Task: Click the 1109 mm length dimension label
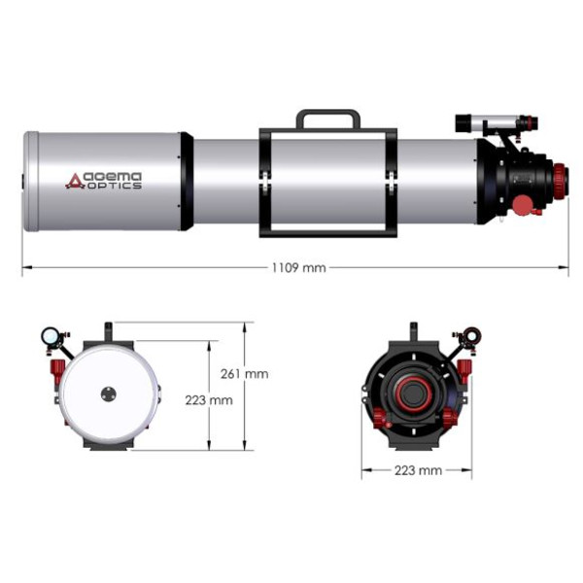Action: [x=300, y=267]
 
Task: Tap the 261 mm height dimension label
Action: [x=244, y=373]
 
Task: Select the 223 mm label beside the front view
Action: [x=207, y=399]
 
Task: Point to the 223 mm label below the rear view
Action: [x=417, y=470]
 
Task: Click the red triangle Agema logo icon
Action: [x=75, y=181]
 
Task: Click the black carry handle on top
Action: [x=327, y=118]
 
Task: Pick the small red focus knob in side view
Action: [x=522, y=206]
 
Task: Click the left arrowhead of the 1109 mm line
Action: [x=25, y=267]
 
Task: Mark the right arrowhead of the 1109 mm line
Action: [x=566, y=267]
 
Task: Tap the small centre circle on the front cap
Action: [x=108, y=394]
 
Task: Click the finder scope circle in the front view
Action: [x=50, y=336]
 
